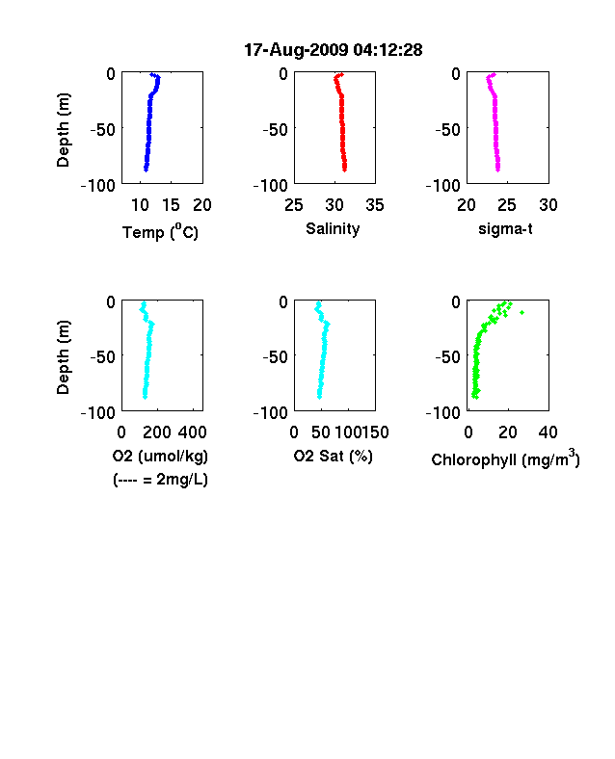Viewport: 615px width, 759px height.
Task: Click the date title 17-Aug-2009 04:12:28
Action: tap(334, 50)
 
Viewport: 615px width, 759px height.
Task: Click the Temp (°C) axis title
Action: tap(160, 232)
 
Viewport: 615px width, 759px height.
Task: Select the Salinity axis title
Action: tap(333, 229)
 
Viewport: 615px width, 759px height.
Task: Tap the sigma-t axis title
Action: tap(505, 229)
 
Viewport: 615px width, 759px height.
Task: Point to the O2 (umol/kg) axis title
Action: tap(160, 457)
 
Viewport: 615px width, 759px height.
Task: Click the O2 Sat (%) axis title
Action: tap(334, 457)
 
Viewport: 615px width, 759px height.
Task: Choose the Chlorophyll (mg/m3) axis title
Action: tap(505, 458)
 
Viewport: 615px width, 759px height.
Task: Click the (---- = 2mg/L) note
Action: tap(160, 480)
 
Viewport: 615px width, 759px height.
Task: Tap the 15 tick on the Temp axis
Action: tap(171, 205)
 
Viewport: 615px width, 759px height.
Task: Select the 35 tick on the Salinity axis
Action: tap(375, 205)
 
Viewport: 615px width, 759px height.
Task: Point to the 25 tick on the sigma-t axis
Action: tap(506, 205)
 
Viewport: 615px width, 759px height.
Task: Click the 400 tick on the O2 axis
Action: tap(192, 432)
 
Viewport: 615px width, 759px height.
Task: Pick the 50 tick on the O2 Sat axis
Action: tap(321, 432)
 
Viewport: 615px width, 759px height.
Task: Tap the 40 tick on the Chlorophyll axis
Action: tap(548, 432)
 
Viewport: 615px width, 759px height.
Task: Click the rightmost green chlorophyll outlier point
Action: tap(522, 313)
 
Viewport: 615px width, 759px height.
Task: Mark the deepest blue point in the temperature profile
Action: tap(146, 169)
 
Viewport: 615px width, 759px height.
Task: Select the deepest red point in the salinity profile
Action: tap(345, 169)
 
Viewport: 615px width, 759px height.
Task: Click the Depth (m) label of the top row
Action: tap(63, 130)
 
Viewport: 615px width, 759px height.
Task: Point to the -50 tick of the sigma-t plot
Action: tap(447, 130)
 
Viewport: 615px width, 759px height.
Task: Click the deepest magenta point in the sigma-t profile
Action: tap(497, 169)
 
